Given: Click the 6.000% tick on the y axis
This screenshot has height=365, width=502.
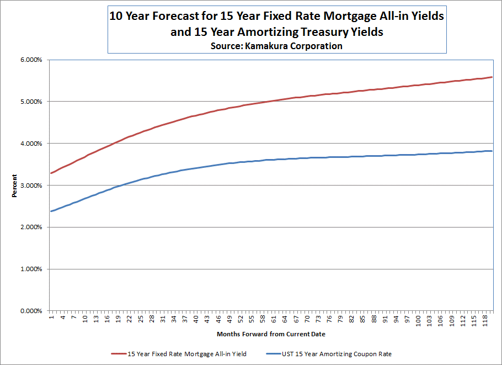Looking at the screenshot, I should pyautogui.click(x=30, y=60).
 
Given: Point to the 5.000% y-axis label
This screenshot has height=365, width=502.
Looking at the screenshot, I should pyautogui.click(x=30, y=102).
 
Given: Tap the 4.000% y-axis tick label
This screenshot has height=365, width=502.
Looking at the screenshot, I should pyautogui.click(x=30, y=144).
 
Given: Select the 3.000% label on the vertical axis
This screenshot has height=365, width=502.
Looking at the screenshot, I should pyautogui.click(x=30, y=186).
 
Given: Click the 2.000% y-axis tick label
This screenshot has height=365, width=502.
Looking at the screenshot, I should pyautogui.click(x=30, y=228).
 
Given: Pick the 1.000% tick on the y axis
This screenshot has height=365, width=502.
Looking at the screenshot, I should pyautogui.click(x=30, y=269).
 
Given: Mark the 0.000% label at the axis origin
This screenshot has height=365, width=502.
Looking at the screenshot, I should pyautogui.click(x=30, y=311).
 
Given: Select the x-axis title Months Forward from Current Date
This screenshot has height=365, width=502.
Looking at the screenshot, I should pyautogui.click(x=271, y=334).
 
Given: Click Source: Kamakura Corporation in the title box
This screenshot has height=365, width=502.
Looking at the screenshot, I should pyautogui.click(x=276, y=46).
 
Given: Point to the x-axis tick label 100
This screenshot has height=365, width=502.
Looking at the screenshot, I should pyautogui.click(x=418, y=320).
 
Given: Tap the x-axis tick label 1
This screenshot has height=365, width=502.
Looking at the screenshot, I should pyautogui.click(x=51, y=317).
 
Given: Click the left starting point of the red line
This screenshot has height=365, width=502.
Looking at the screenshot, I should pyautogui.click(x=51, y=173).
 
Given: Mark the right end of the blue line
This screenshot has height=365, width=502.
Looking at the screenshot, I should pyautogui.click(x=492, y=151).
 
